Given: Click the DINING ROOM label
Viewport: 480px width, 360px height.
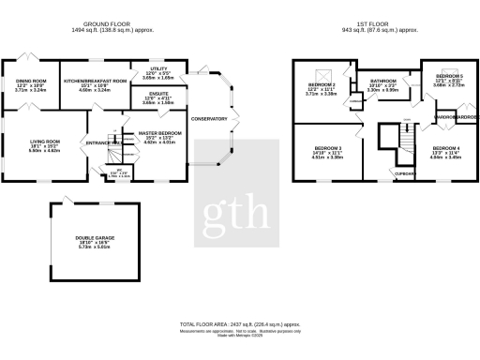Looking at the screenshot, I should click(32, 82).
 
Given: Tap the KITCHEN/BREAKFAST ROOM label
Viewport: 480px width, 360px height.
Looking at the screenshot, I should click(95, 82).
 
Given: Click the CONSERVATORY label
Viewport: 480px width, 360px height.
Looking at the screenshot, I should click(209, 118).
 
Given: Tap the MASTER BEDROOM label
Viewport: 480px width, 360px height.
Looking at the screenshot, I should click(158, 133).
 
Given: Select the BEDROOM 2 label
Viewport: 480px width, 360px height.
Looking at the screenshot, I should click(321, 85).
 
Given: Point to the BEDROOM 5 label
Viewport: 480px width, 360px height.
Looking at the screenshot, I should click(449, 75).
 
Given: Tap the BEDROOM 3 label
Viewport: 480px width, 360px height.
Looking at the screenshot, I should click(326, 150).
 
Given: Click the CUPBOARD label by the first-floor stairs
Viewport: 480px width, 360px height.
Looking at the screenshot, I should click(404, 173).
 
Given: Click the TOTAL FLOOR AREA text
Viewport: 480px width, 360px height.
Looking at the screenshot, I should click(242, 322).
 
